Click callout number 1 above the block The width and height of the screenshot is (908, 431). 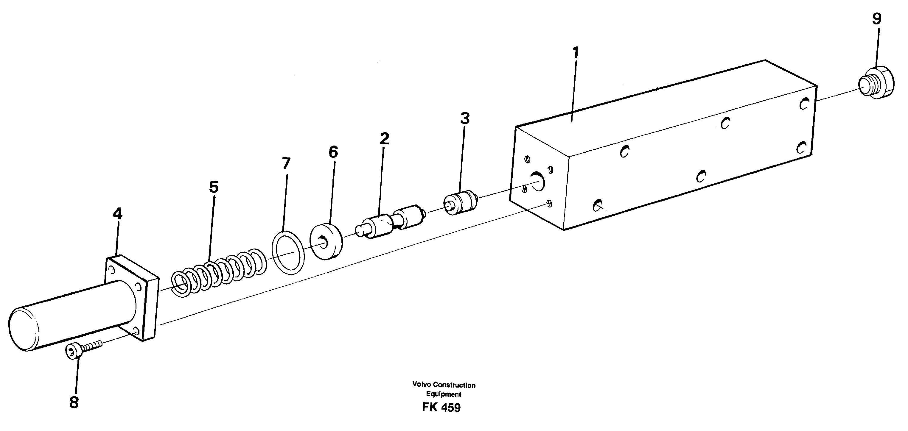point(575,53)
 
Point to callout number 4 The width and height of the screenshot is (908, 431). point(117,213)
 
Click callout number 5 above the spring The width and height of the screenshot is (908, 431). point(214,187)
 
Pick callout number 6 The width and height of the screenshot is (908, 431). point(333,152)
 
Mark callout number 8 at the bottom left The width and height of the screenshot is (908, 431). point(74,402)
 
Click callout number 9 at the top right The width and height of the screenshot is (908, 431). point(877,19)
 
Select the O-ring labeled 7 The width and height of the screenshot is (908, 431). point(288,252)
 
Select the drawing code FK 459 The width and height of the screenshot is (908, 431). point(441,407)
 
